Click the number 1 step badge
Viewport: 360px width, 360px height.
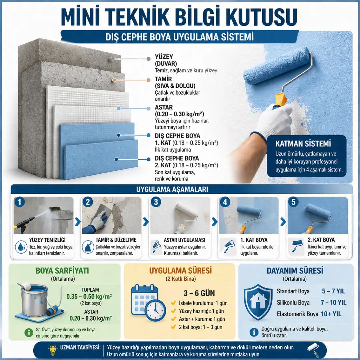coord(20,202)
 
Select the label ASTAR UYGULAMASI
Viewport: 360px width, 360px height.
coord(184,240)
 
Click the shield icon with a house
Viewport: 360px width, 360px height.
coord(258,302)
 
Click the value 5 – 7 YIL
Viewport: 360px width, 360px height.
coord(333,291)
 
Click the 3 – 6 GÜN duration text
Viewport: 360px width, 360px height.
coord(199,293)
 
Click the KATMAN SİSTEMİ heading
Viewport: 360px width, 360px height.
coord(303,144)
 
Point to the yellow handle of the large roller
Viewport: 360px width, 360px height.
coord(281,99)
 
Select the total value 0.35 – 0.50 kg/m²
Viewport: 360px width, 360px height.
coord(89,296)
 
